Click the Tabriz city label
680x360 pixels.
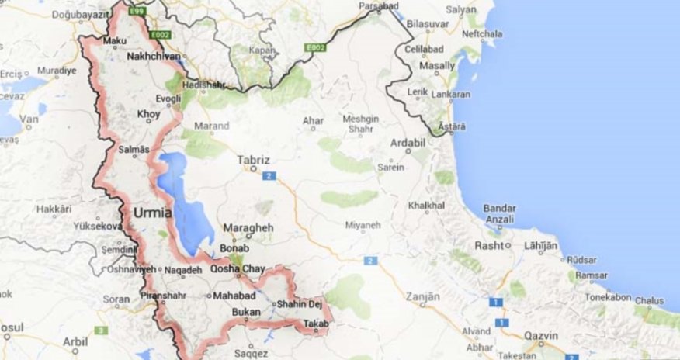coord(254,161)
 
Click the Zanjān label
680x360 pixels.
coord(422,297)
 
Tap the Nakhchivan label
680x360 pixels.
coord(154,57)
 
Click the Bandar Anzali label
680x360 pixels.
coord(500,213)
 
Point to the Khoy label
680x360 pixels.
coord(148,114)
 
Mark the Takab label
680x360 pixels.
coord(316,324)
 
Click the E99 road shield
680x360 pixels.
coord(138,11)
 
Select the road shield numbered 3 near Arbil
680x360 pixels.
coord(99,331)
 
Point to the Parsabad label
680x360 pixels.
coord(379,6)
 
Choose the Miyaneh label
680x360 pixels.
coord(363,225)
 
